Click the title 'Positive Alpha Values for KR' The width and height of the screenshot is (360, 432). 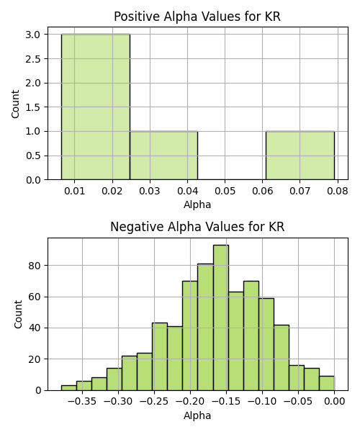(x=197, y=17)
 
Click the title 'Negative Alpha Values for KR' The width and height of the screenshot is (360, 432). (x=197, y=227)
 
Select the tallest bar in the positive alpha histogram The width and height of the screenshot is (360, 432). (x=96, y=107)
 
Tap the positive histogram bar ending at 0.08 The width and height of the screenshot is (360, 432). (x=300, y=156)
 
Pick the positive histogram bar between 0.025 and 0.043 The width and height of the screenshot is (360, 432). (x=164, y=156)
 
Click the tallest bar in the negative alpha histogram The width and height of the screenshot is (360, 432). (x=221, y=318)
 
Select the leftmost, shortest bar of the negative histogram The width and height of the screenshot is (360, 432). (x=69, y=388)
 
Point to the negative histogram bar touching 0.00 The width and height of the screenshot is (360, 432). (x=327, y=383)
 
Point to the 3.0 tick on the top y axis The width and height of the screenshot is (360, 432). (x=33, y=35)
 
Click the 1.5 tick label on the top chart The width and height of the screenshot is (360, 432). (x=33, y=107)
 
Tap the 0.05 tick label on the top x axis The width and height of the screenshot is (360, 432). (x=225, y=191)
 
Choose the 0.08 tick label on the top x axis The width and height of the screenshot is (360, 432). (x=338, y=191)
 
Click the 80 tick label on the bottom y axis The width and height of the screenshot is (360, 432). (x=35, y=266)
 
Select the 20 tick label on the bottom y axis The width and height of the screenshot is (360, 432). (x=35, y=359)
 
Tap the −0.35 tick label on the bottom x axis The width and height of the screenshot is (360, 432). (x=82, y=402)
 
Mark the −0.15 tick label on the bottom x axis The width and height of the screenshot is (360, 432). (x=226, y=402)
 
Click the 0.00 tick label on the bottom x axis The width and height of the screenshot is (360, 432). (x=334, y=402)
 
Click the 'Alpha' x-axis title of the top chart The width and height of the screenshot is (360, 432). (x=197, y=204)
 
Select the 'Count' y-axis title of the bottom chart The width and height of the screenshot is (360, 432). (x=18, y=315)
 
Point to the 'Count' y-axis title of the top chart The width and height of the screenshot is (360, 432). (x=15, y=104)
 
